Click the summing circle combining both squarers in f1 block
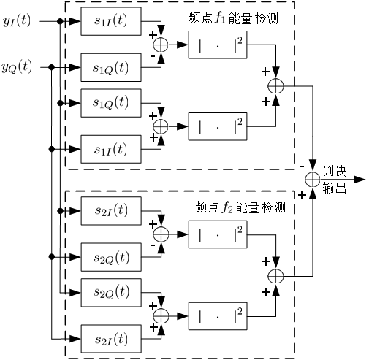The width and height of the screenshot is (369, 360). click(275, 85)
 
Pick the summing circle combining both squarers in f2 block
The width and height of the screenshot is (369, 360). click(275, 275)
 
